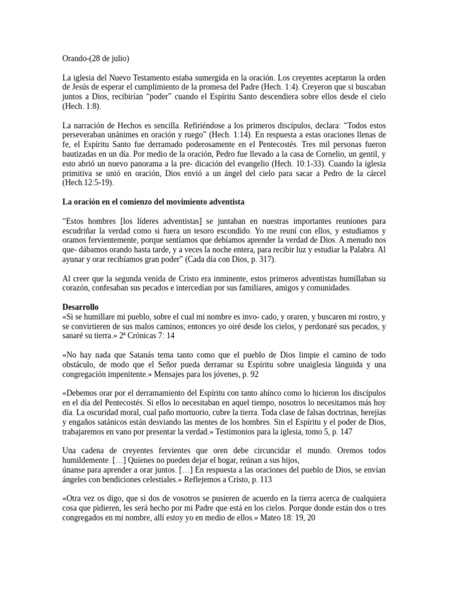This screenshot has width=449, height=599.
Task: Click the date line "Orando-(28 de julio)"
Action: click(96, 58)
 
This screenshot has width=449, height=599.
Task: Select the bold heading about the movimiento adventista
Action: click(153, 202)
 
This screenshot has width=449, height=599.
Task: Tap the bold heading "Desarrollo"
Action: click(81, 307)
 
